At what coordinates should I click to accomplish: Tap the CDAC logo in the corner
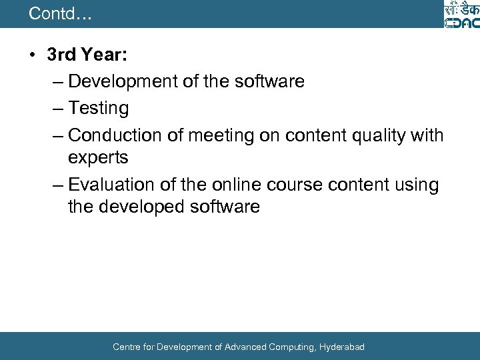pyautogui.click(x=461, y=15)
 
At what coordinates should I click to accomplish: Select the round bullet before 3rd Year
pyautogui.click(x=33, y=55)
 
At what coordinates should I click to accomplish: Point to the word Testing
pyautogui.click(x=99, y=108)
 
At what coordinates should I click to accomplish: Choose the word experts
pyautogui.click(x=98, y=157)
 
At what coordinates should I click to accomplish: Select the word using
pyautogui.click(x=416, y=185)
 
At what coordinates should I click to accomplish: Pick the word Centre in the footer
pyautogui.click(x=127, y=347)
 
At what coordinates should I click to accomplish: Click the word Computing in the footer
pyautogui.click(x=290, y=347)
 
